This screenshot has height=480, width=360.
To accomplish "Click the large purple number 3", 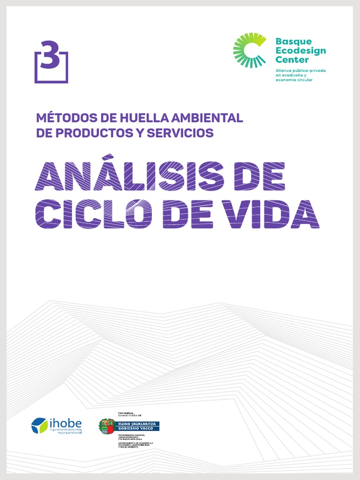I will pyautogui.click(x=50, y=55).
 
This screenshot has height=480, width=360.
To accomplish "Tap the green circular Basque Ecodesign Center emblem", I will pyautogui.click(x=249, y=50).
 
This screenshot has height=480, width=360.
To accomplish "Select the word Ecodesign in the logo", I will pyautogui.click(x=300, y=51).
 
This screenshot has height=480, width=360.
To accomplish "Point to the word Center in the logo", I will pyautogui.click(x=292, y=60).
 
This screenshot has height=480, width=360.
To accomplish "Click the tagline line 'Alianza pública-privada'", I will pyautogui.click(x=300, y=70).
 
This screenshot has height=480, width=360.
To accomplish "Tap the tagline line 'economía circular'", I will pyautogui.click(x=294, y=80).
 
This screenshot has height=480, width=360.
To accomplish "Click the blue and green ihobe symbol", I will pyautogui.click(x=39, y=426).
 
